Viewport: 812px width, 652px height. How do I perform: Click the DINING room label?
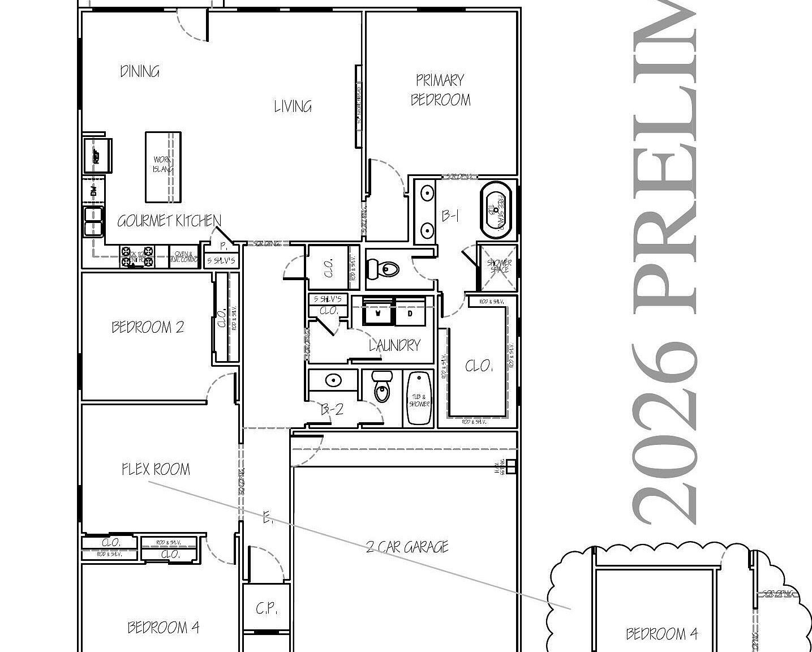click(x=140, y=71)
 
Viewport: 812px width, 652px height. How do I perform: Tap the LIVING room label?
click(x=293, y=106)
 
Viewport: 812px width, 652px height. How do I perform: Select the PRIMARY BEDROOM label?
click(x=440, y=90)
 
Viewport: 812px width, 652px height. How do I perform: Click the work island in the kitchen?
click(x=163, y=166)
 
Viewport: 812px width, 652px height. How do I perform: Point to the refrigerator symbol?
click(x=97, y=155)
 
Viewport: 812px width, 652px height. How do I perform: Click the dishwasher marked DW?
click(x=94, y=191)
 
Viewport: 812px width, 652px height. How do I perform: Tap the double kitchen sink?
click(x=93, y=221)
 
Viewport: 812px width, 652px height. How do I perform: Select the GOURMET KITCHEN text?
click(x=169, y=221)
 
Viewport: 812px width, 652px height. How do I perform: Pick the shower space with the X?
click(x=499, y=266)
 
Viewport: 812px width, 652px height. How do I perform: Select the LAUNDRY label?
click(x=394, y=345)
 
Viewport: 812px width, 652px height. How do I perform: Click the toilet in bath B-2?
click(x=383, y=387)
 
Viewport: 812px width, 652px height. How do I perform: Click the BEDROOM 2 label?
click(x=148, y=327)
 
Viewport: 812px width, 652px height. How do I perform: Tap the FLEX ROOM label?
click(x=156, y=469)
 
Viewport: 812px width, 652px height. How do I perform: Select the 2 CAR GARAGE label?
click(x=407, y=547)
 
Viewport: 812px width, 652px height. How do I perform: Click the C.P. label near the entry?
click(x=265, y=609)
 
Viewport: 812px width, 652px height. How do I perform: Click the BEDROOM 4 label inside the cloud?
click(x=661, y=634)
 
